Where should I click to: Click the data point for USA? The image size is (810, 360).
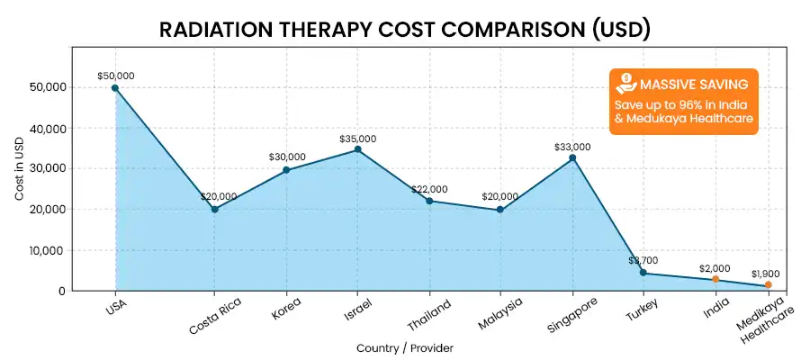pos(115,87)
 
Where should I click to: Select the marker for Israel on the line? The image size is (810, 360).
pos(357,149)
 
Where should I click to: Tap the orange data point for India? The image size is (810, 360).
pos(715,279)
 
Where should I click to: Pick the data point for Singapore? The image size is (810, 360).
pos(572,157)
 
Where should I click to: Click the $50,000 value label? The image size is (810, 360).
pos(115,76)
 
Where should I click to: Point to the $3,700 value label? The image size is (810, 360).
pos(645,261)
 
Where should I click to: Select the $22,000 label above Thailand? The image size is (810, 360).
pos(429,189)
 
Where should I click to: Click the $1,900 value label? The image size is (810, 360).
pos(769,273)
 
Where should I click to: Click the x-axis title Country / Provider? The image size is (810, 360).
pos(404,347)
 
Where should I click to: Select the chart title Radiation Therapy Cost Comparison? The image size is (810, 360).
pos(404,30)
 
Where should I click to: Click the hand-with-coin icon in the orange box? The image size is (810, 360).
pos(625,85)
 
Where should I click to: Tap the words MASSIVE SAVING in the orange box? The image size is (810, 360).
pos(693,85)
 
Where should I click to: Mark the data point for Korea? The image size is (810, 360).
pos(286,169)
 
